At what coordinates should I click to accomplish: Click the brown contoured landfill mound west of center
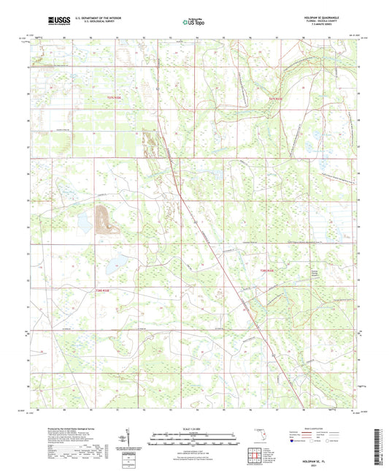tap(104, 218)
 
